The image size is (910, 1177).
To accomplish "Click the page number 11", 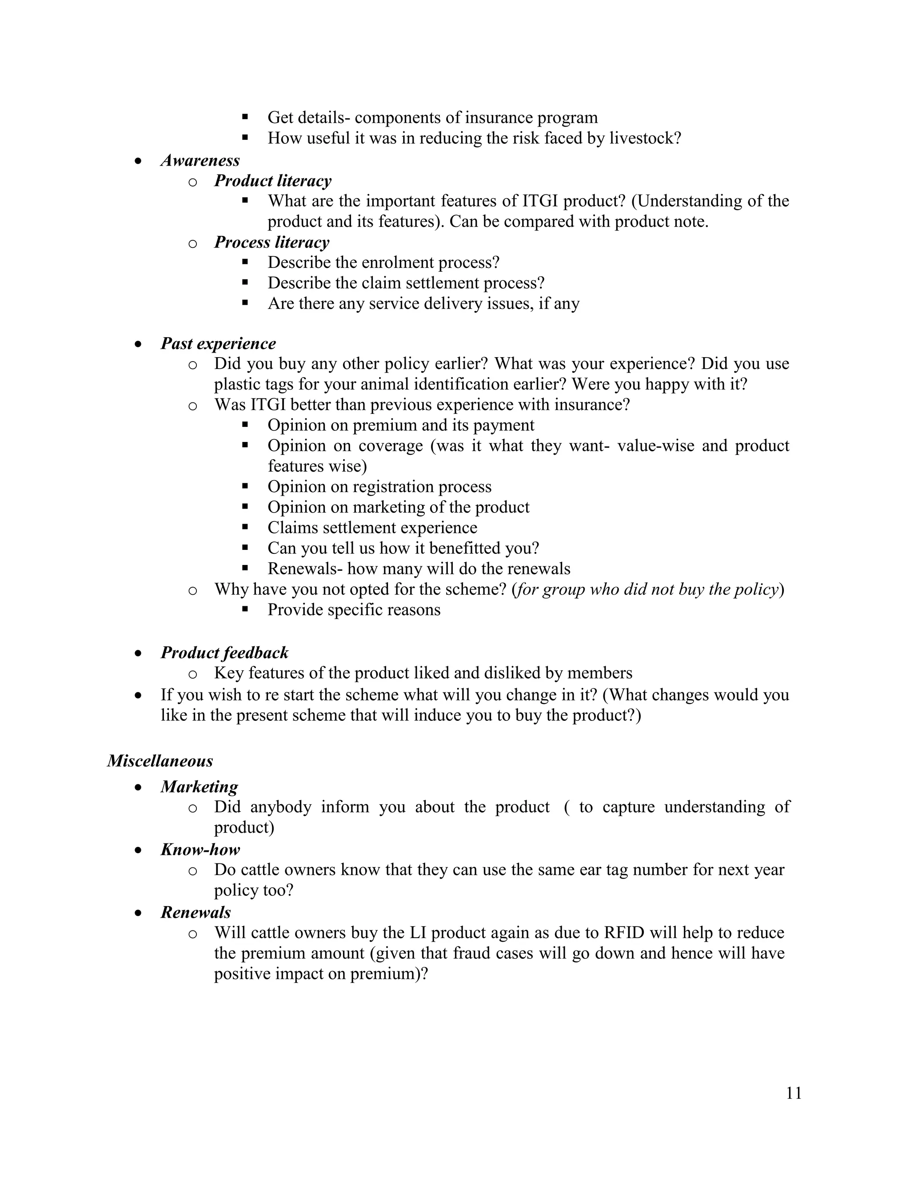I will coord(794,1093).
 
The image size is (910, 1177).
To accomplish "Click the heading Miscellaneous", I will coord(160,760).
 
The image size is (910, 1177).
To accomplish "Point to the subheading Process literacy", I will coord(271,242).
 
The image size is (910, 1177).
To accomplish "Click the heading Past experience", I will coord(218,343).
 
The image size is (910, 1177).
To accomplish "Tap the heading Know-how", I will coord(200,849).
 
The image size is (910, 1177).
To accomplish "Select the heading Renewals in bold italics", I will coord(196,912).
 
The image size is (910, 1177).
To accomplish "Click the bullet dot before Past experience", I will coord(139,344).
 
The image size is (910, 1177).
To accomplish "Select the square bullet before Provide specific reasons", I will coord(245,609).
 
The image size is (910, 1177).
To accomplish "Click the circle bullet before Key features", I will coord(192,674).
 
